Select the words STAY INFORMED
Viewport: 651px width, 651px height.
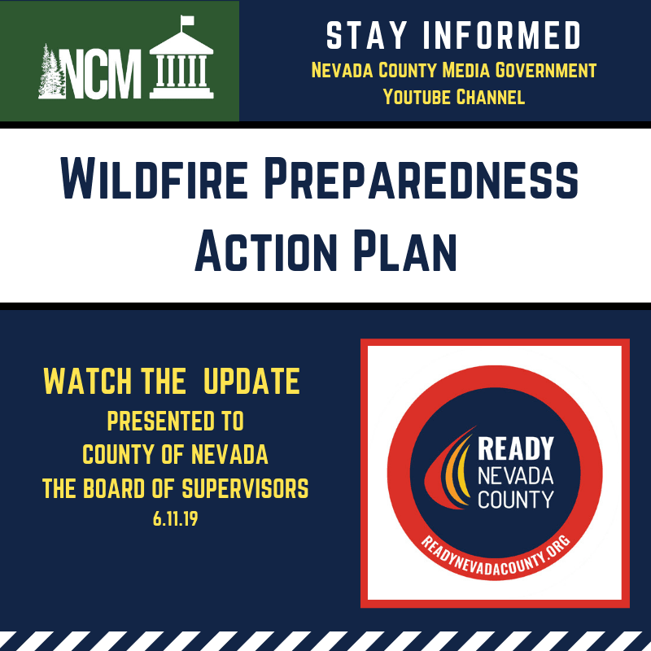(453, 36)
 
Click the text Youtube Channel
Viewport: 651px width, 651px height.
(453, 98)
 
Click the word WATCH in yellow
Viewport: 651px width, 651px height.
(87, 380)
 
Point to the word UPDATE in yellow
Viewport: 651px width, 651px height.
(251, 380)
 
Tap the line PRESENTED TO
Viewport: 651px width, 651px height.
(175, 422)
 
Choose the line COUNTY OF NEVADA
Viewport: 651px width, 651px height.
(175, 453)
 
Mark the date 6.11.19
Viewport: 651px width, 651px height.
(175, 518)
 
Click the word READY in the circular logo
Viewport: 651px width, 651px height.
(515, 449)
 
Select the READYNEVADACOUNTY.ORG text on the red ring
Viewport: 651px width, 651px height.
(496, 553)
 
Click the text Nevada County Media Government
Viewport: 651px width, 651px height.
(453, 71)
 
